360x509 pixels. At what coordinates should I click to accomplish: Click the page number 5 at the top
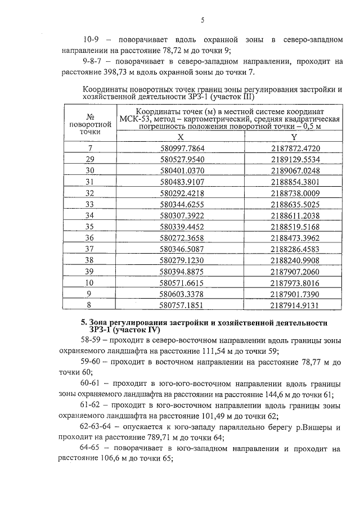[x=202, y=21]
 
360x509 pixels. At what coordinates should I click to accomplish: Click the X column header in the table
[x=181, y=137]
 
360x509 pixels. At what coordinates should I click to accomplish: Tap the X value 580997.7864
[x=181, y=148]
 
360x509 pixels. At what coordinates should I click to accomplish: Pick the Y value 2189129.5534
[x=294, y=159]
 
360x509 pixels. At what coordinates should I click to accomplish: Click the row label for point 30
[x=89, y=170]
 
